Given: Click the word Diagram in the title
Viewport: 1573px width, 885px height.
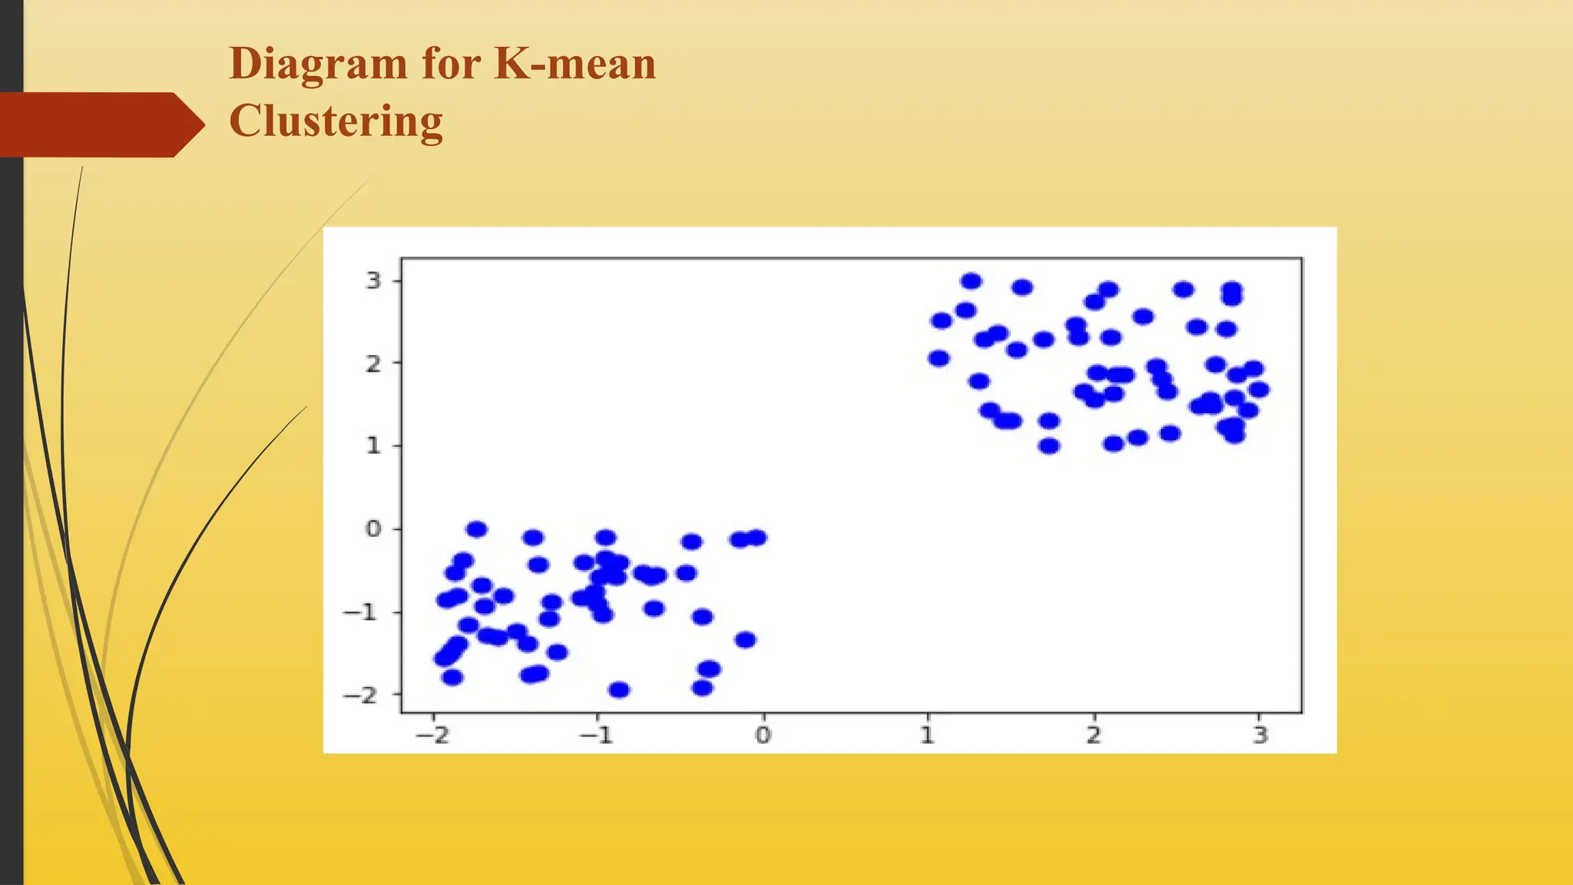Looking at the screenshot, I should pos(319,65).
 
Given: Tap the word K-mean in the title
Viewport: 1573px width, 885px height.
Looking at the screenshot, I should pos(575,63).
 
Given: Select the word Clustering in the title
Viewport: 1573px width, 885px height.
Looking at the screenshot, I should pos(336,121).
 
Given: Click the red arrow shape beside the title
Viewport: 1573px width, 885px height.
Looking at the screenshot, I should pos(100,124).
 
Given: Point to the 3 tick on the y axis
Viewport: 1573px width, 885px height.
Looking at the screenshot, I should pos(373,280).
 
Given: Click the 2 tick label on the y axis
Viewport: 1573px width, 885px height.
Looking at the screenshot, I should pos(373,363).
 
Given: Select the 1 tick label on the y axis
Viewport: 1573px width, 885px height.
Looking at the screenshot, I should pos(373,446).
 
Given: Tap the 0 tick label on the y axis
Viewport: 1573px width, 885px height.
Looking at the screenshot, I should pos(373,529).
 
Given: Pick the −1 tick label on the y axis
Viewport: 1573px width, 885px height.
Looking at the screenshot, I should pos(362,612).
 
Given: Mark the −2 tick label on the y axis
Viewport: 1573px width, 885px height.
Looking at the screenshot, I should pos(362,694).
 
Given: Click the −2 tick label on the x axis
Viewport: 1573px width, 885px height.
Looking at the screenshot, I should pos(432,735).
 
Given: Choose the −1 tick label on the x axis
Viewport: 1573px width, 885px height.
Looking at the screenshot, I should pos(597,735).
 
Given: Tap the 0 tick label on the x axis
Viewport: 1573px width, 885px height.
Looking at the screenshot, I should pos(763,735).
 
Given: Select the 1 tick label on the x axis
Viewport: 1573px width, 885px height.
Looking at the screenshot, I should pos(928,735).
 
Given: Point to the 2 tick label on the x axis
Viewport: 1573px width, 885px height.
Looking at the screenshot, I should pos(1094,735).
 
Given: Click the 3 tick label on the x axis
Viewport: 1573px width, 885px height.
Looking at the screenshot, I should pos(1260,735).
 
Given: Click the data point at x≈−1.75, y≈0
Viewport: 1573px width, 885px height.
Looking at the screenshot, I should pos(477,529).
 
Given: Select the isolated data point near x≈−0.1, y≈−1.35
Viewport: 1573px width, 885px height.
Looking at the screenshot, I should pos(746,640).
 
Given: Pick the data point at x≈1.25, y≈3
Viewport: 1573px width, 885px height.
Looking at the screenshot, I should pos(972,281).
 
